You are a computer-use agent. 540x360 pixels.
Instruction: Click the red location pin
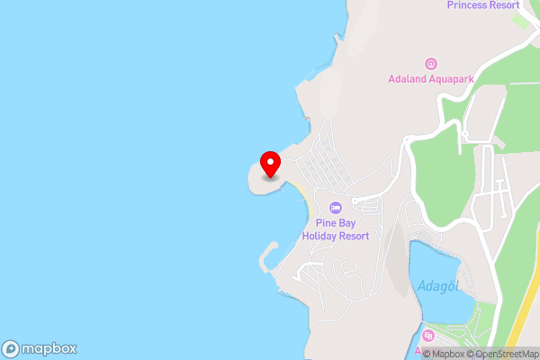[x=270, y=164]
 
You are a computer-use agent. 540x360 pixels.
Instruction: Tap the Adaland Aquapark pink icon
[x=430, y=63]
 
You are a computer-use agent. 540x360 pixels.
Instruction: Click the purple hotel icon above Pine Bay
[x=336, y=208]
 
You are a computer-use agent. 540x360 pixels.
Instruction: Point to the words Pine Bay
[x=336, y=223]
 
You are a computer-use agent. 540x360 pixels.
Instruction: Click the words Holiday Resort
[x=336, y=236]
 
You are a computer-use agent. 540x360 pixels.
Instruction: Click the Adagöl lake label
[x=438, y=287]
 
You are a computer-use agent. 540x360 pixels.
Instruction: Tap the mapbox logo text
[x=49, y=348]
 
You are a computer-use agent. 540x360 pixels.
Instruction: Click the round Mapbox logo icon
[x=12, y=348]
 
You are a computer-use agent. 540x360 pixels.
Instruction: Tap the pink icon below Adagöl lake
[x=428, y=336]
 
